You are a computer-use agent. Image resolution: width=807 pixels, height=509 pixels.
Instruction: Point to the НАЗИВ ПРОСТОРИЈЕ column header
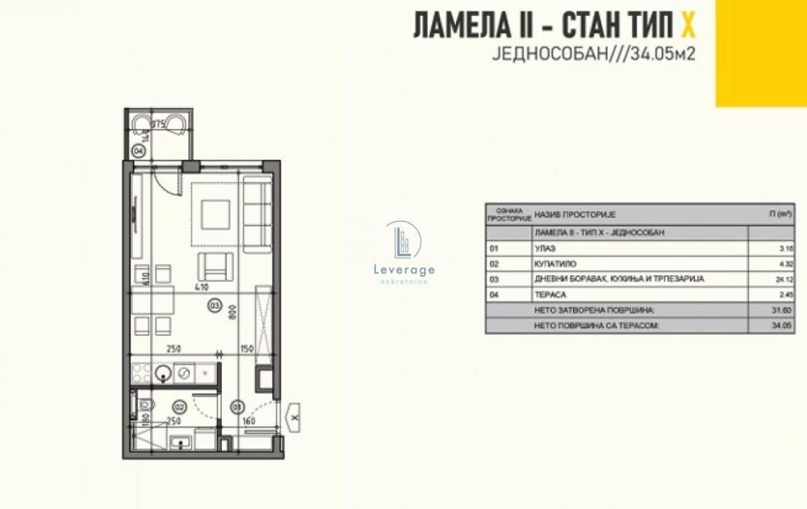point(575,214)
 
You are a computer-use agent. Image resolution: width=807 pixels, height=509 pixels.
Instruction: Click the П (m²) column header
point(778,214)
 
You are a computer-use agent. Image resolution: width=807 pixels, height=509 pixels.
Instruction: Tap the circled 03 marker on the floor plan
point(215,306)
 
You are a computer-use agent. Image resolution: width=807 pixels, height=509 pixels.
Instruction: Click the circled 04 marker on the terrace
point(139,151)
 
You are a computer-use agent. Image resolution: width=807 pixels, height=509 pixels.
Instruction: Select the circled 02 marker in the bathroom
point(179,407)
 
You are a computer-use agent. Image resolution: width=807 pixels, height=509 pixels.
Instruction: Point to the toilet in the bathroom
point(146,405)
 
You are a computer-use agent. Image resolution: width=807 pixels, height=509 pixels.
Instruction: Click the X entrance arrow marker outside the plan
point(295,417)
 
